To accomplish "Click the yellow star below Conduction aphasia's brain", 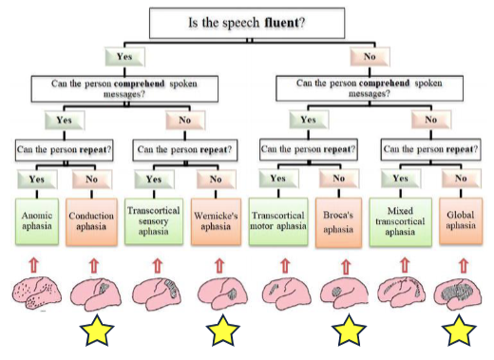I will (x=98, y=332).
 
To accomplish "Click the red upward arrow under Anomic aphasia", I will (x=35, y=260).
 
